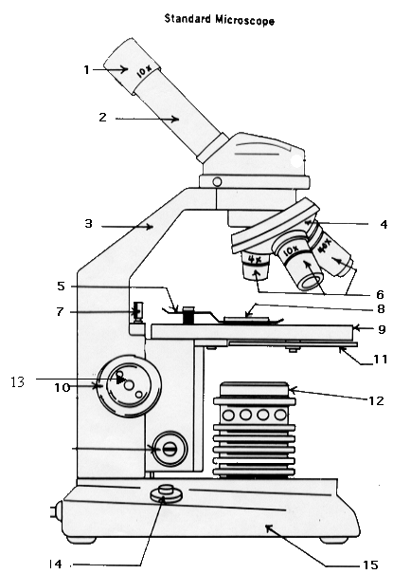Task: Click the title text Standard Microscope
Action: pyautogui.click(x=219, y=19)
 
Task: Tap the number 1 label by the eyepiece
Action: pyautogui.click(x=86, y=69)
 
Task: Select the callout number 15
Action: pyautogui.click(x=370, y=565)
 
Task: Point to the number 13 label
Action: pyautogui.click(x=18, y=381)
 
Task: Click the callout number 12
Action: pyautogui.click(x=376, y=400)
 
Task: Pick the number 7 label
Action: pyautogui.click(x=61, y=312)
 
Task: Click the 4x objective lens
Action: pyautogui.click(x=256, y=266)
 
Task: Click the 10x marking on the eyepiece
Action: pyautogui.click(x=144, y=72)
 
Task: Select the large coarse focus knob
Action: pyautogui.click(x=128, y=385)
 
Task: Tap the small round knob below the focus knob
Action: pyautogui.click(x=170, y=449)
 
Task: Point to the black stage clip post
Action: pyautogui.click(x=188, y=315)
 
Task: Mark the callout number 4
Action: pyautogui.click(x=384, y=224)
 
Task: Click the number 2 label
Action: pyautogui.click(x=102, y=117)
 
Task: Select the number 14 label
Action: pyautogui.click(x=56, y=564)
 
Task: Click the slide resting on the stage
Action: pyautogui.click(x=247, y=320)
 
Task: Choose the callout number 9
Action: pyautogui.click(x=382, y=329)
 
